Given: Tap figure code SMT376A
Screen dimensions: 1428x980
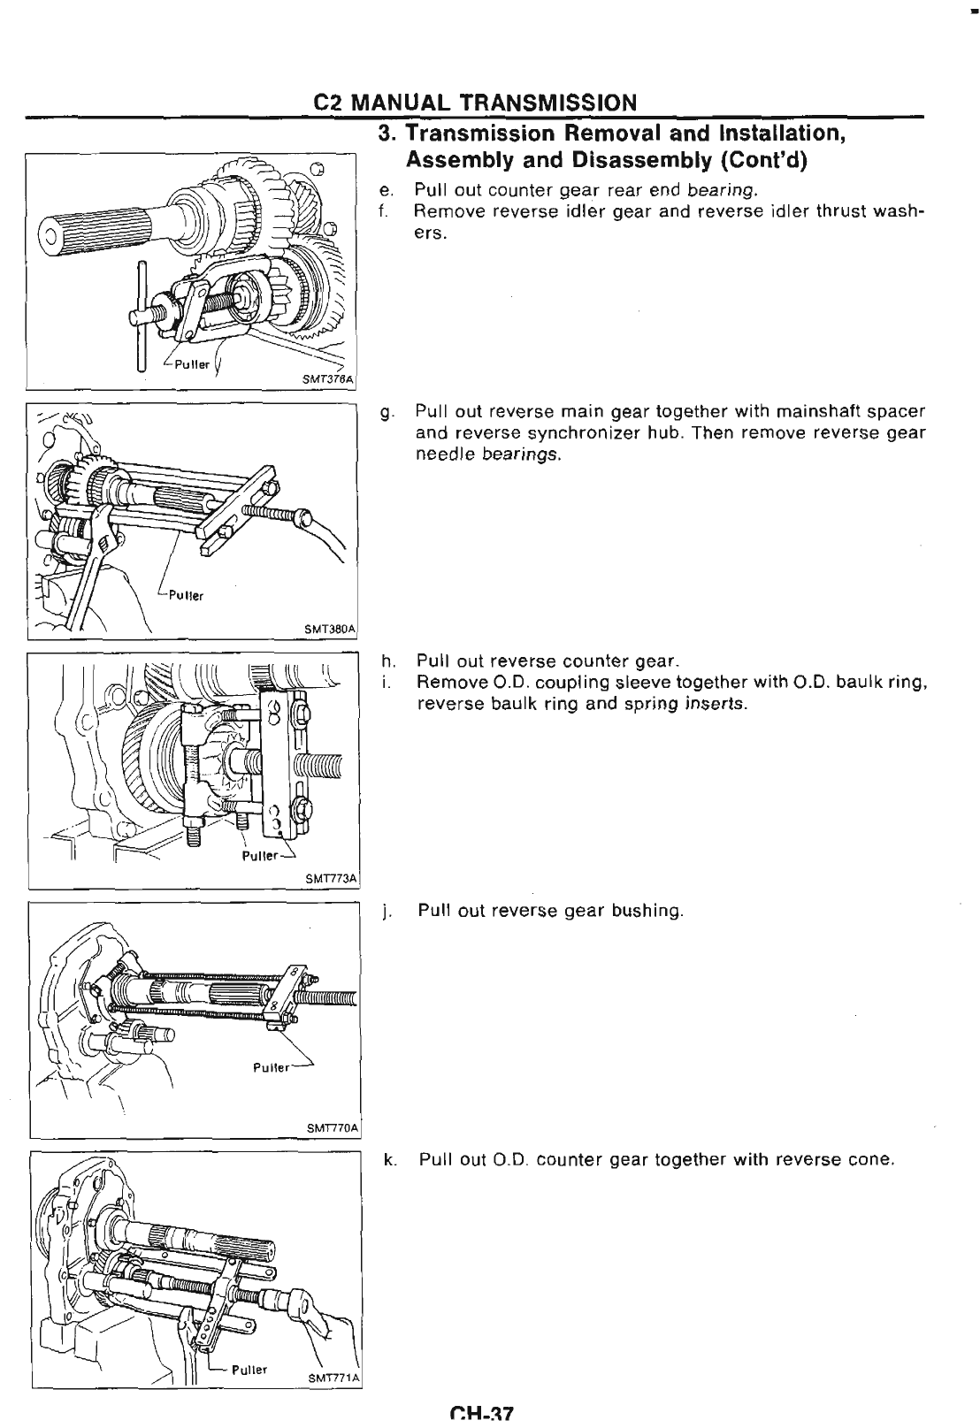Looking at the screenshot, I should tap(327, 380).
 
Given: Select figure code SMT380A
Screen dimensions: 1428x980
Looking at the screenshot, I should tap(329, 629).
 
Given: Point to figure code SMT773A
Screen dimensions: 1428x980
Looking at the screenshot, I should tap(330, 879).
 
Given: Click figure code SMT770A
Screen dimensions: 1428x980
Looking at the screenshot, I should tap(330, 1127).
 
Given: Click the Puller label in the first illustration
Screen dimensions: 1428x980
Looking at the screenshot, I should tap(191, 363).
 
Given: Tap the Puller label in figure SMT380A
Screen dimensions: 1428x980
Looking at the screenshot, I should tap(186, 595).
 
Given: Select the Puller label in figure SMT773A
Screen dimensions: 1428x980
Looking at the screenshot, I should tap(260, 857).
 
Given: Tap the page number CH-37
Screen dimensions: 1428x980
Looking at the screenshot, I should tap(480, 1414).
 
